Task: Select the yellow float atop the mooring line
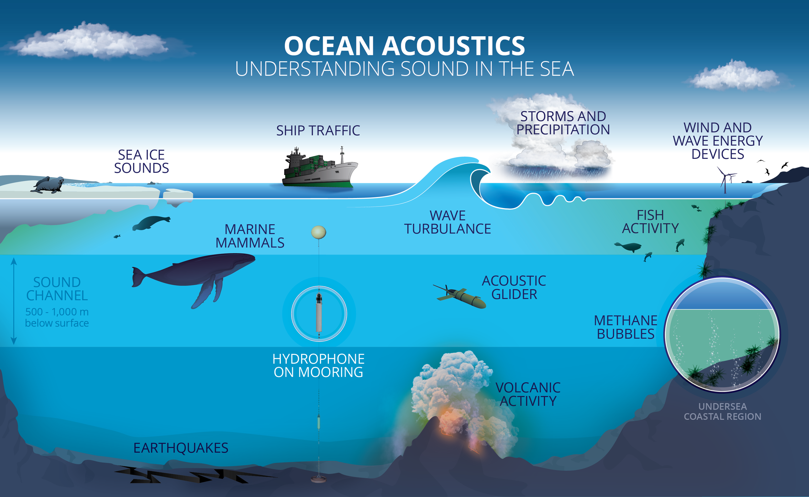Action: [x=318, y=232]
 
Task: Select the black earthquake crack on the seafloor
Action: [x=191, y=476]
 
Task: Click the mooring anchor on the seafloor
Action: [x=318, y=479]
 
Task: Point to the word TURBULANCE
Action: [x=448, y=229]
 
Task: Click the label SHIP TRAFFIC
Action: [x=318, y=131]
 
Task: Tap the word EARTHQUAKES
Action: [x=181, y=448]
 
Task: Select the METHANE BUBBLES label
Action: [x=626, y=327]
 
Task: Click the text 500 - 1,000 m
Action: [x=57, y=312]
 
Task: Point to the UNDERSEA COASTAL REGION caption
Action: [x=722, y=412]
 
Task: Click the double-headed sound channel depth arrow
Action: [x=14, y=301]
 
